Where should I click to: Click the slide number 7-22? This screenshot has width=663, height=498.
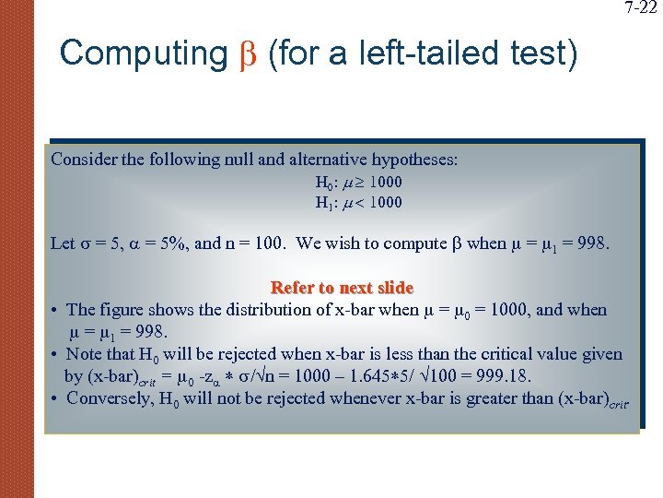[x=641, y=9]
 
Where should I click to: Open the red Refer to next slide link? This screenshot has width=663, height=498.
[x=342, y=288]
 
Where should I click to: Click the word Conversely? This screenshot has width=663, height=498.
[x=110, y=398]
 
